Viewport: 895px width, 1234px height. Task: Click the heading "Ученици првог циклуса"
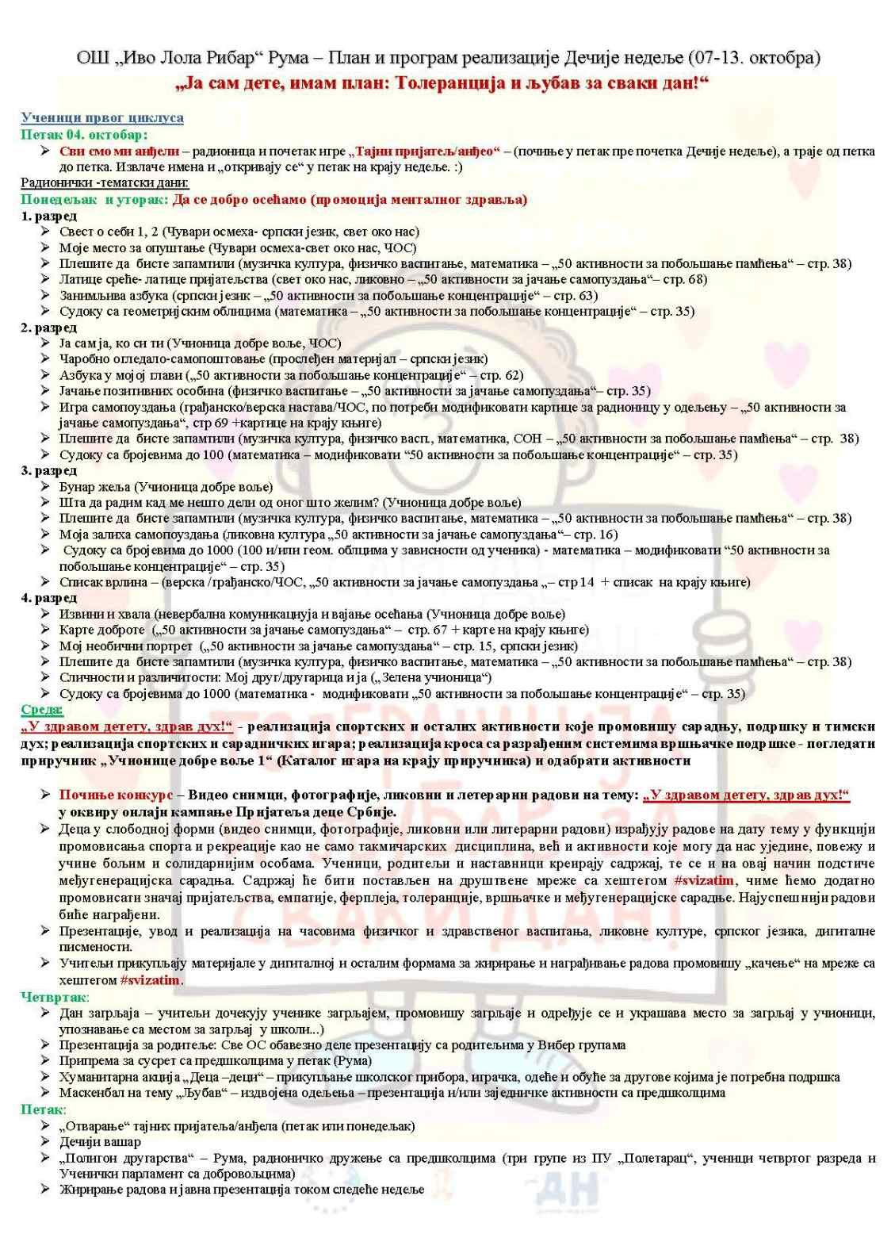(101, 118)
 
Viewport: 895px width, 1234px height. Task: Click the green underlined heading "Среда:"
(41, 710)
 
